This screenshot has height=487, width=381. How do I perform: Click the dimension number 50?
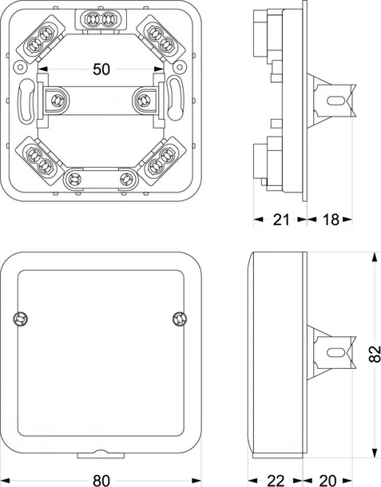tap(101, 69)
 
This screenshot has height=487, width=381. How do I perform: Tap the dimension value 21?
tap(281, 220)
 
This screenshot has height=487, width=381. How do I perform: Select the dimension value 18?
tap(331, 220)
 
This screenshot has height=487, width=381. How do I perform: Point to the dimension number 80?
tap(101, 481)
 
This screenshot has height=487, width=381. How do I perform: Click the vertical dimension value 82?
tap(375, 354)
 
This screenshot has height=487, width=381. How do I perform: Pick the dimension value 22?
tap(276, 481)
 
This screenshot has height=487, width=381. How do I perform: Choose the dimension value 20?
tap(327, 481)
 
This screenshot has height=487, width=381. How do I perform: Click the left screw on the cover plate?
tap(21, 319)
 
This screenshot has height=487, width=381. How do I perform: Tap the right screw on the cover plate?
tap(180, 319)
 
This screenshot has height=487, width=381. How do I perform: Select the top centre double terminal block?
tap(101, 19)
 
